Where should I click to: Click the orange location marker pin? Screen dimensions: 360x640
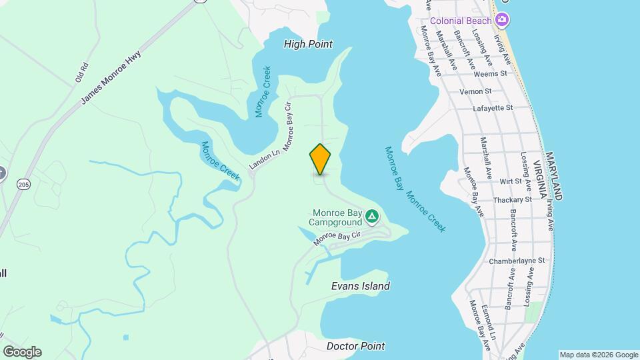point(321,159)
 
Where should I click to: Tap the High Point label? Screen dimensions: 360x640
point(308,44)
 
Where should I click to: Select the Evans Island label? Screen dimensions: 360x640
point(361,286)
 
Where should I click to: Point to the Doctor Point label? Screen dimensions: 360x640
point(355,346)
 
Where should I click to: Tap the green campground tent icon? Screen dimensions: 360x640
point(372,217)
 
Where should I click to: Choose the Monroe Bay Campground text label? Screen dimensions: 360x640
point(337,218)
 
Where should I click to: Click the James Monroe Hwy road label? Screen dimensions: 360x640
point(112,79)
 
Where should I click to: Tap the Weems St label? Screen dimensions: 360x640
point(494,73)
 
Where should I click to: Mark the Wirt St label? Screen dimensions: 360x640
point(510,181)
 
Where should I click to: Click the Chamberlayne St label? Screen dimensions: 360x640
point(517,261)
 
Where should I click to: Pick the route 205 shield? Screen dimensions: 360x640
point(23,184)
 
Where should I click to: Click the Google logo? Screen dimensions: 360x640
point(22,352)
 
